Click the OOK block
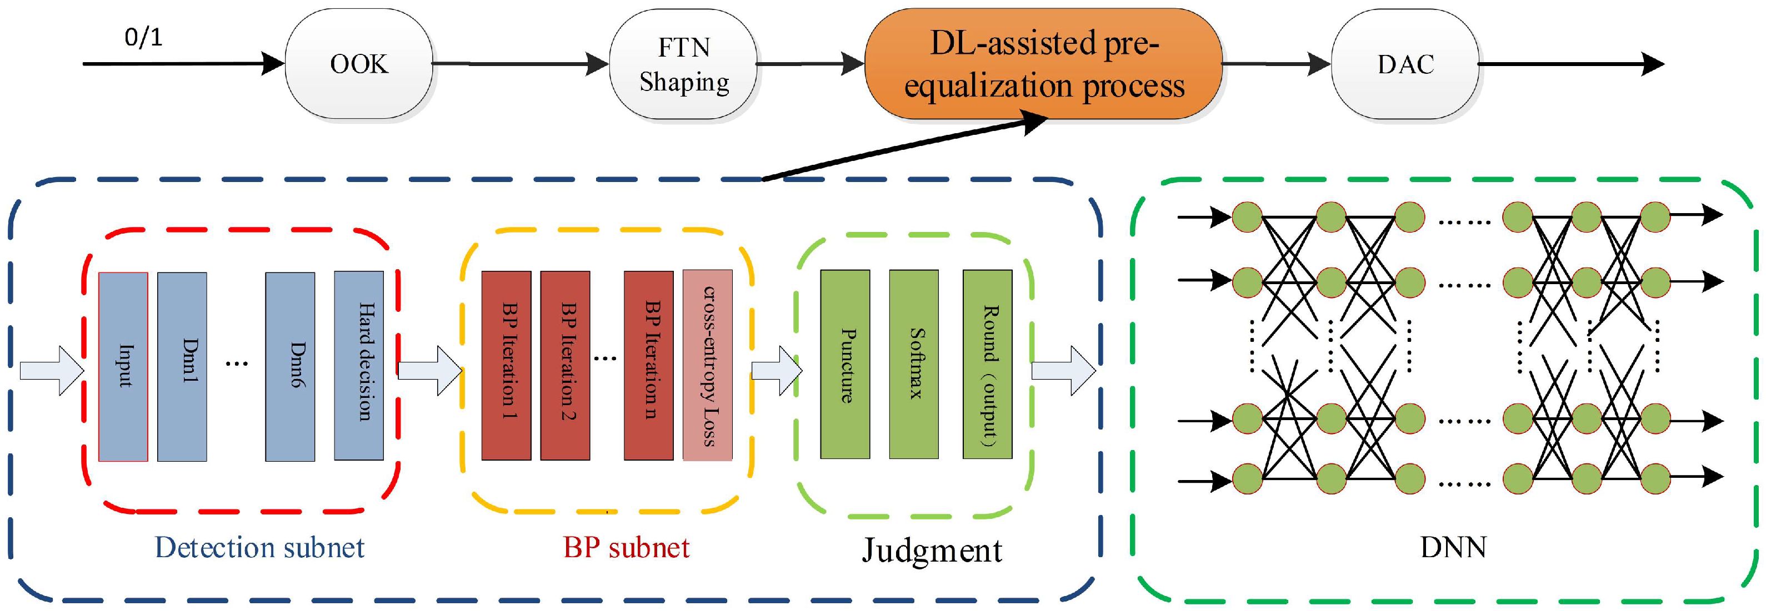358,64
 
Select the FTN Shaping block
683,64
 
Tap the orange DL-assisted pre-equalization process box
1043,64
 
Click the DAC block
1405,64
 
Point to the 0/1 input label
143,37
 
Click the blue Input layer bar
123,366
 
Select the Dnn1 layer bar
182,366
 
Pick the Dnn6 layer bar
290,366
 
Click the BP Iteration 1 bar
507,365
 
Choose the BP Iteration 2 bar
566,365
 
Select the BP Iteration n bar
648,365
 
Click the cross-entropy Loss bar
708,365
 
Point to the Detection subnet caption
260,547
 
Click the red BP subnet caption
627,547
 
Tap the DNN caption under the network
1453,547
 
